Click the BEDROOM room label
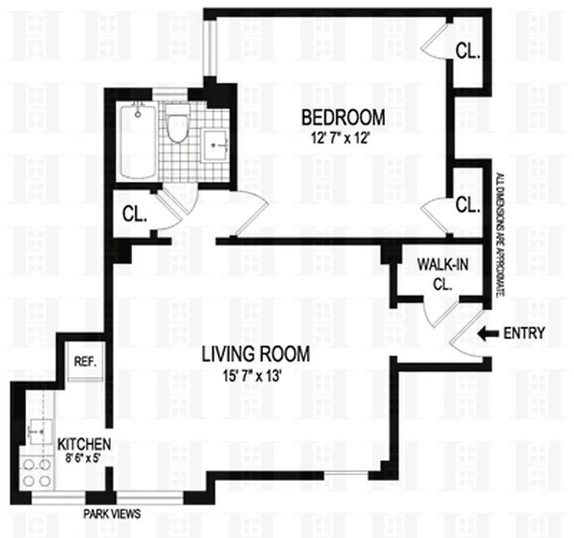point(343,117)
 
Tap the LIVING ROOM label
point(256,354)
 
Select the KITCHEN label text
point(83,445)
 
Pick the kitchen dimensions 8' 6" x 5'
point(83,458)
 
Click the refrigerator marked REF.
point(85,361)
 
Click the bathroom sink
point(215,143)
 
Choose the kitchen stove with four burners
point(38,471)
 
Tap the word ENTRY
point(524,333)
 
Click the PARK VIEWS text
point(112,514)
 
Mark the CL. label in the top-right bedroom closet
point(467,51)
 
